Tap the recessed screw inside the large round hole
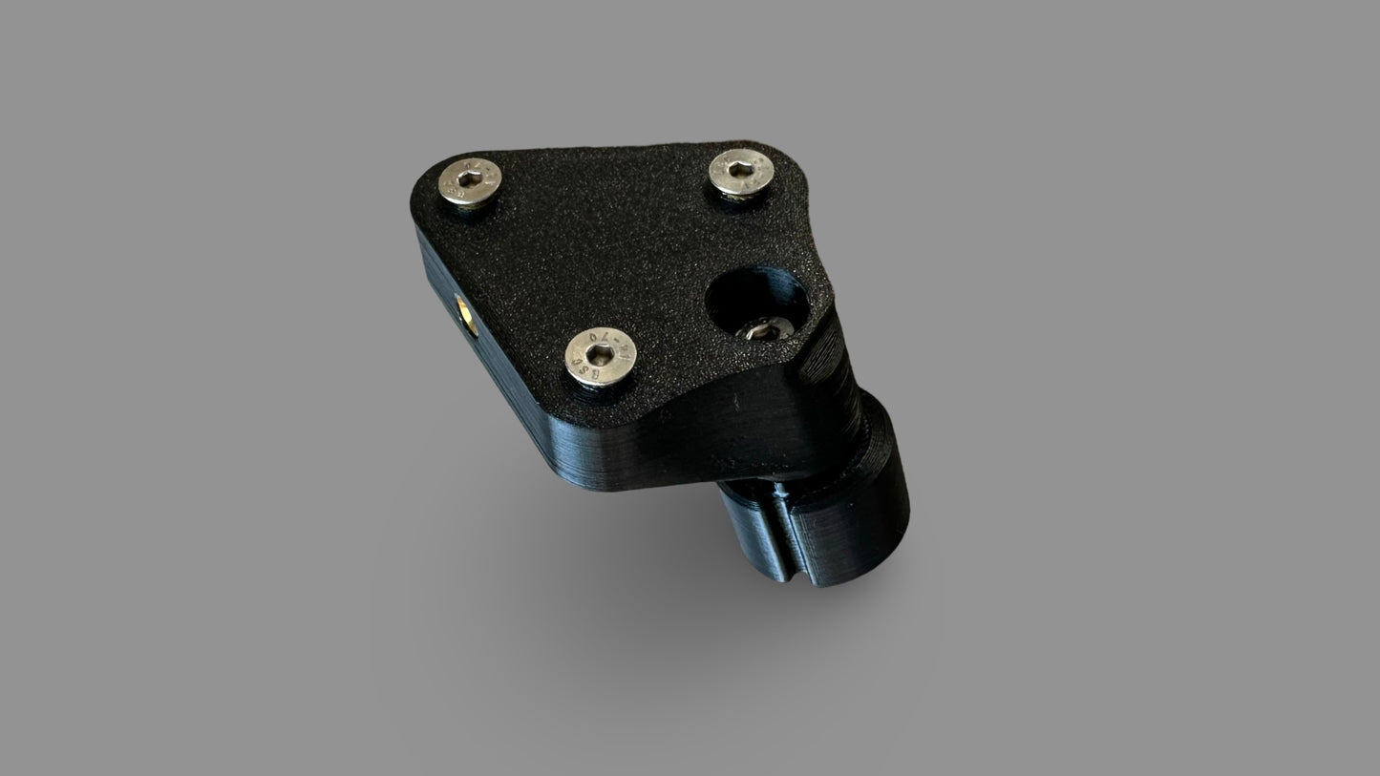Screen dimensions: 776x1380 coord(767,330)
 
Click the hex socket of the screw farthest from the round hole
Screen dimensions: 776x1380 coord(470,179)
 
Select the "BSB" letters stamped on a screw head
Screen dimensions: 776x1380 coord(584,372)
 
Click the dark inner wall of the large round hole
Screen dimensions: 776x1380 coord(754,291)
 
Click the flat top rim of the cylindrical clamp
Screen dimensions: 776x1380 coord(883,430)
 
